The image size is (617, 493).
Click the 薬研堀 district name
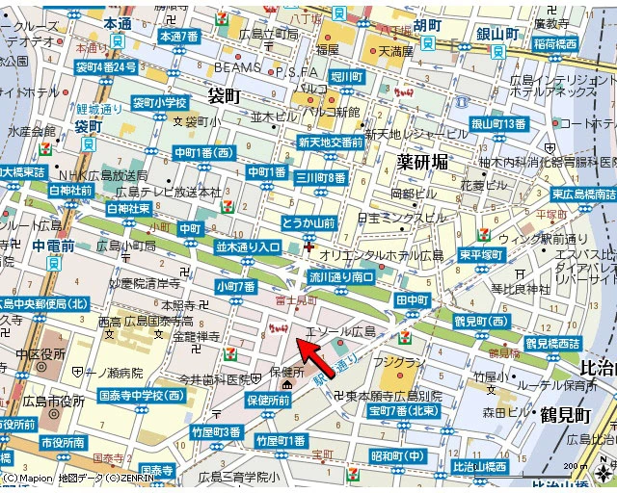pos(423,162)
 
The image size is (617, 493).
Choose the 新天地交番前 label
pos(331,142)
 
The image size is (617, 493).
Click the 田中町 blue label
pos(412,300)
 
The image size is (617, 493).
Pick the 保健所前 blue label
pos(268,401)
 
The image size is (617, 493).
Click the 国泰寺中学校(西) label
pos(142,395)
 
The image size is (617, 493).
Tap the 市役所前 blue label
pos(64,443)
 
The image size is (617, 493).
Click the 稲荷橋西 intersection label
pos(554,44)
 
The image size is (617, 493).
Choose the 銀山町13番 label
pos(497,123)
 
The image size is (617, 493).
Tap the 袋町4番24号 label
pos(106,67)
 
